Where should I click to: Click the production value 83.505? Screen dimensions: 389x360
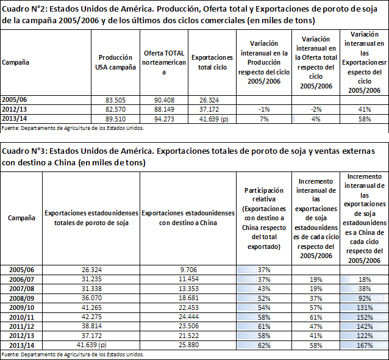[115, 100]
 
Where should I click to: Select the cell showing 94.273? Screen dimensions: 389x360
[164, 119]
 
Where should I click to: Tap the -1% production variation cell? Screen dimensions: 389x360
[264, 109]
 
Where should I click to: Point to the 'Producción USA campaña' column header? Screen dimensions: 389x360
[115, 62]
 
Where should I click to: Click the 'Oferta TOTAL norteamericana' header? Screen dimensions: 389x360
[164, 63]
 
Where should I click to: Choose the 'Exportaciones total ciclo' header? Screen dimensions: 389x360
[212, 62]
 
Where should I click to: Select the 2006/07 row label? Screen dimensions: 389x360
[21, 279]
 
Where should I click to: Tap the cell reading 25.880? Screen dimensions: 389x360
[188, 345]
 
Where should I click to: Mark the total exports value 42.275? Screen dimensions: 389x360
[91, 317]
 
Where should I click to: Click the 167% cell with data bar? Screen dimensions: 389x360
[365, 345]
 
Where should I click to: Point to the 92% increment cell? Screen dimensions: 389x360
[365, 298]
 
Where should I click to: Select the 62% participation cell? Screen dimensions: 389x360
[264, 345]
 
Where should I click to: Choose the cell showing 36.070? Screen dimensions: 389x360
[91, 298]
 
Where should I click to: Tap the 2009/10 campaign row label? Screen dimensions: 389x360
[21, 308]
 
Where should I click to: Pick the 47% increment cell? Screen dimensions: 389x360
[316, 326]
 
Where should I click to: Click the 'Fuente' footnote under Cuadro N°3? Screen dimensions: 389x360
[73, 355]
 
